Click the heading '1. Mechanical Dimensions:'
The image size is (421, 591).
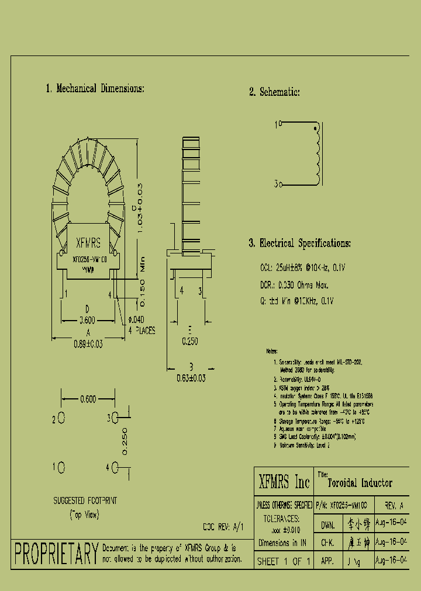click(95, 89)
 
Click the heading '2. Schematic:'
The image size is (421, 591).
click(274, 92)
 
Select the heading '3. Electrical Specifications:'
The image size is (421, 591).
click(299, 244)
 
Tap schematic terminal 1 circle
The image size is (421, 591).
click(280, 124)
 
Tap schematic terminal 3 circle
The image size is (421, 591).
click(280, 185)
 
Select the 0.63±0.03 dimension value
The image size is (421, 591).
click(191, 378)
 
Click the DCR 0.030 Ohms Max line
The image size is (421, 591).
click(294, 285)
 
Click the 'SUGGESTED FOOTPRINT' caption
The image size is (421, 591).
click(85, 501)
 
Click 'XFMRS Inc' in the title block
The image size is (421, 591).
click(284, 482)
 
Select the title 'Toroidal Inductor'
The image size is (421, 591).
click(360, 483)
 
